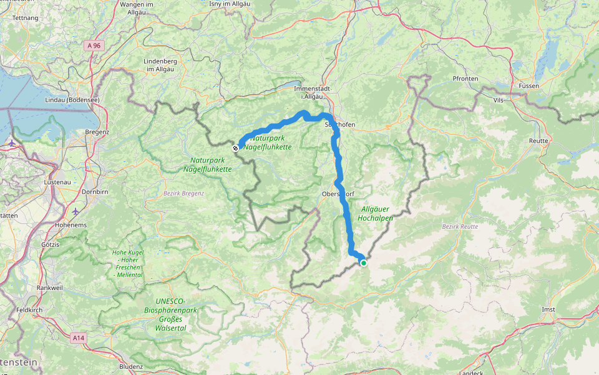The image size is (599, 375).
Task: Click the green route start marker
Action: click(x=363, y=262)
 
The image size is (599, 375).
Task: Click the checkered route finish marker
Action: click(x=235, y=148)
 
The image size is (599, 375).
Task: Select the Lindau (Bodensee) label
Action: click(x=73, y=100)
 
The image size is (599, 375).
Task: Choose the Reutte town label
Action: click(x=538, y=141)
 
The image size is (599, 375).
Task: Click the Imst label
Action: click(x=548, y=309)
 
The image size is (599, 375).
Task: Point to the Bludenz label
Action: click(x=131, y=366)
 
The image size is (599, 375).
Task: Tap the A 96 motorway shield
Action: click(x=94, y=45)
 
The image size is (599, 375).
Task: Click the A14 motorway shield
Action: click(x=78, y=337)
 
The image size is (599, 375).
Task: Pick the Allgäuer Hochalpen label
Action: click(x=376, y=214)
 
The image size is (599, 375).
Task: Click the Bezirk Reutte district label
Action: click(x=460, y=227)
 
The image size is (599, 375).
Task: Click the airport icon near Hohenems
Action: click(x=76, y=211)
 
